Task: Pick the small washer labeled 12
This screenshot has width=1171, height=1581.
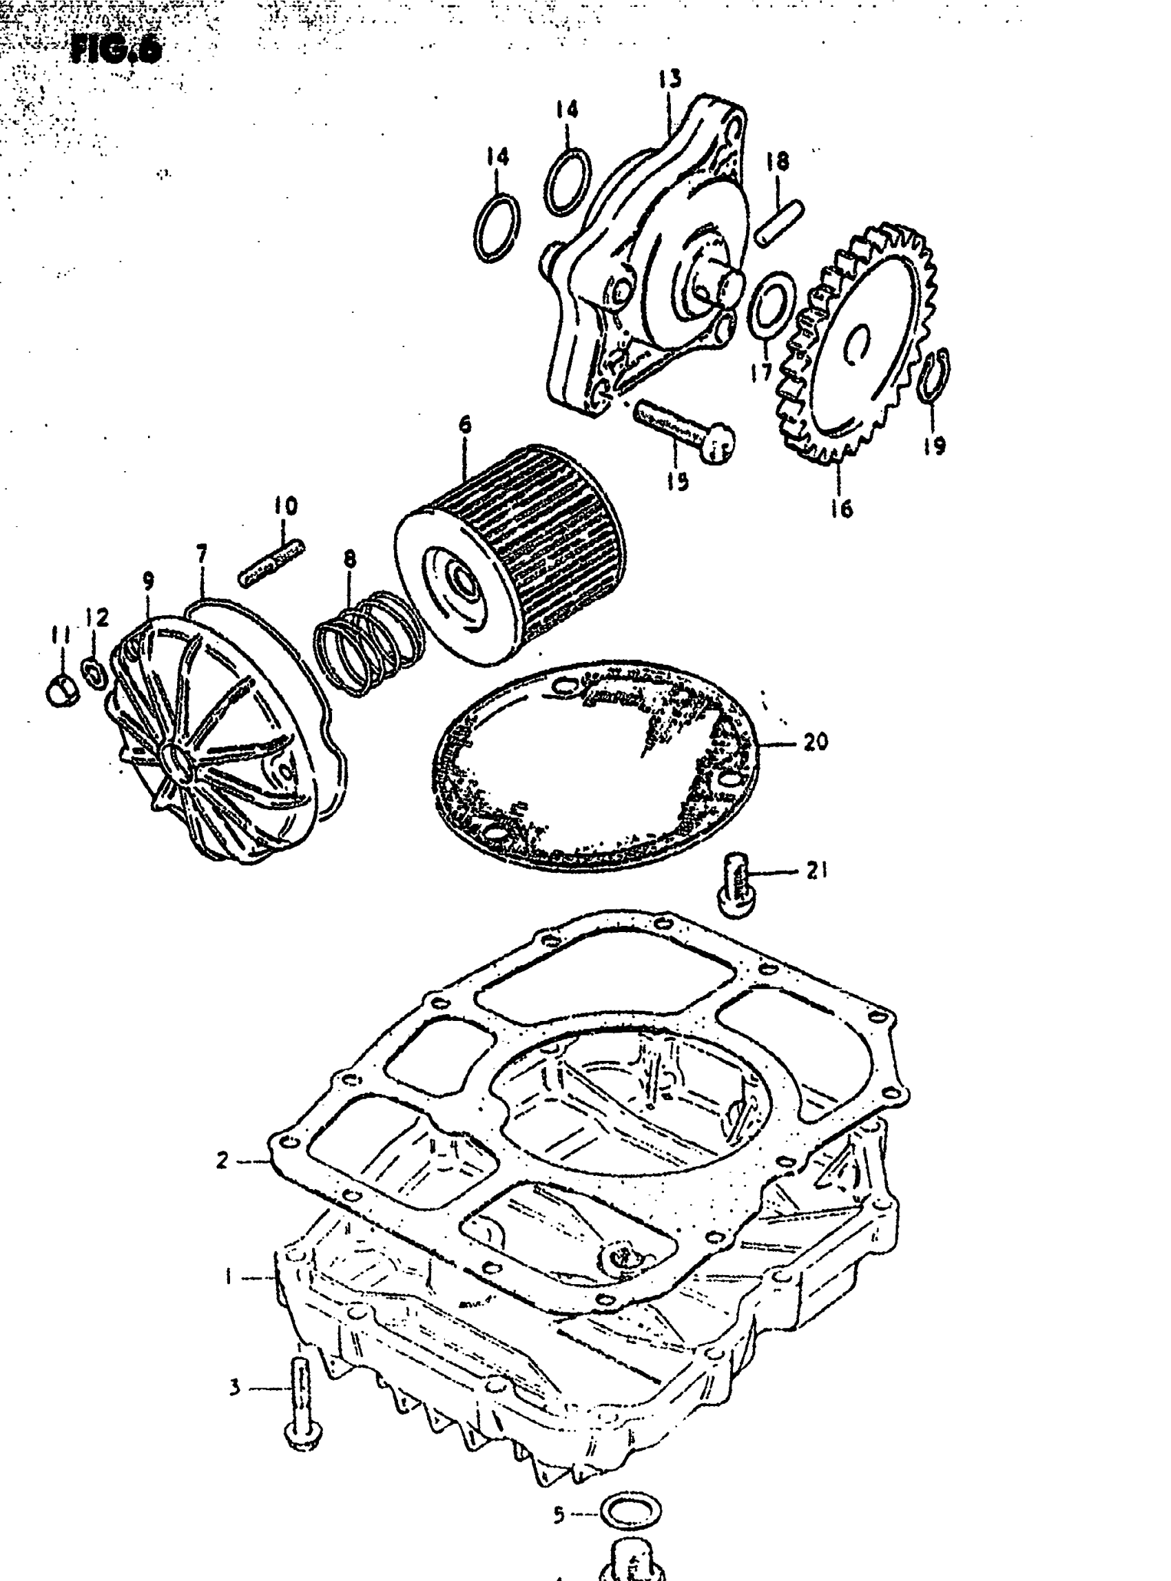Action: (94, 672)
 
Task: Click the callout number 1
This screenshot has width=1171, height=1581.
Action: (228, 1277)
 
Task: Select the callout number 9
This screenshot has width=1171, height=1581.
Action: (148, 581)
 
